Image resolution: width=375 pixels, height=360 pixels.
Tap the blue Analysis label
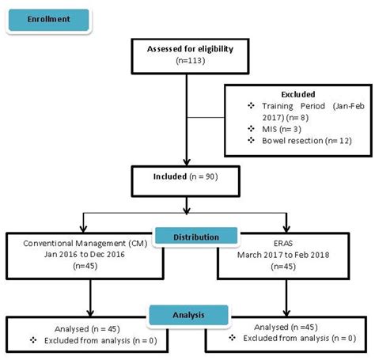pos(187,314)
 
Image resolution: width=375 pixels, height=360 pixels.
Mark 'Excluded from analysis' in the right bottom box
pos(287,339)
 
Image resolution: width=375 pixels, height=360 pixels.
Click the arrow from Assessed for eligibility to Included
pos(187,138)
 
